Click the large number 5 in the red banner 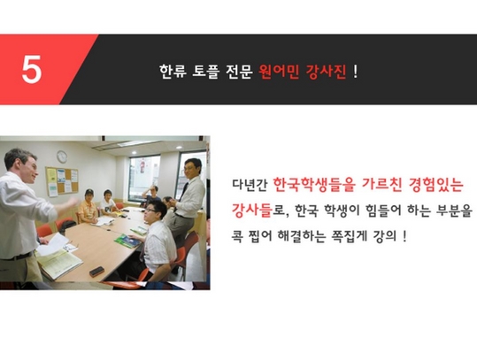coord(31,70)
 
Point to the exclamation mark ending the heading coord(356,72)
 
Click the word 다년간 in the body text coord(250,185)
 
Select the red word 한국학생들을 coord(314,184)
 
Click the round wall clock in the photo coord(62,157)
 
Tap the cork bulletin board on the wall coord(62,181)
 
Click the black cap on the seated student coord(89,192)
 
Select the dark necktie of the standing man coord(183,192)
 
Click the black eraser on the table coord(97,271)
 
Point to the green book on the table coord(127,241)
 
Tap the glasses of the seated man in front coord(150,211)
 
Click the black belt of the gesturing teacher coord(19,257)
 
